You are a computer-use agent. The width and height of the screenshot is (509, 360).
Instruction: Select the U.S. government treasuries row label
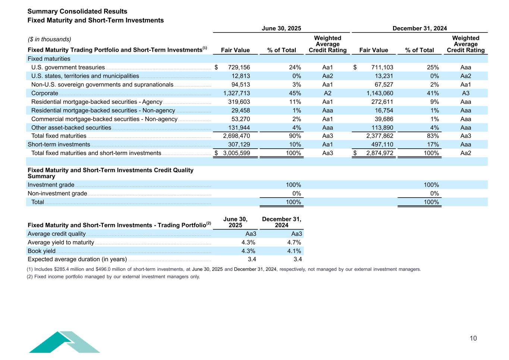[68, 67]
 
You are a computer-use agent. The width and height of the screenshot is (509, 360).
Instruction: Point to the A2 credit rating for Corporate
[327, 93]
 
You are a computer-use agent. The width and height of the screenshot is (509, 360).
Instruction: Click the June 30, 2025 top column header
[281, 28]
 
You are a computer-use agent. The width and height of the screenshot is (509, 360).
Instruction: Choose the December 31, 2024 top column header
[420, 28]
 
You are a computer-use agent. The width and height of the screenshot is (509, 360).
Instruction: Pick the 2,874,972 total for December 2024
[377, 153]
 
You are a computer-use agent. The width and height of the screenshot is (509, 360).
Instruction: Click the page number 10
[473, 338]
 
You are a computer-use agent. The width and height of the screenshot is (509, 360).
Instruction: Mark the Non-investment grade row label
[57, 193]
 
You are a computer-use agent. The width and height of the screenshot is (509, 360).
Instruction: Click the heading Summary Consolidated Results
[77, 12]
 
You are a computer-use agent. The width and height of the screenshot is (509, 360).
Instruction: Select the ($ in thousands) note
[50, 40]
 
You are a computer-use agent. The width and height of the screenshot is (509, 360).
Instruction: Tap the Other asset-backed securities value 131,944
[239, 127]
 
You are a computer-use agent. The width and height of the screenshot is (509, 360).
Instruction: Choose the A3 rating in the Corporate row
[465, 93]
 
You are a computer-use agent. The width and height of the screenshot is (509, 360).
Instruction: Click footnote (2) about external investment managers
[113, 277]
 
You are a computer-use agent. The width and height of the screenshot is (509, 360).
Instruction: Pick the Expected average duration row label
[77, 259]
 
